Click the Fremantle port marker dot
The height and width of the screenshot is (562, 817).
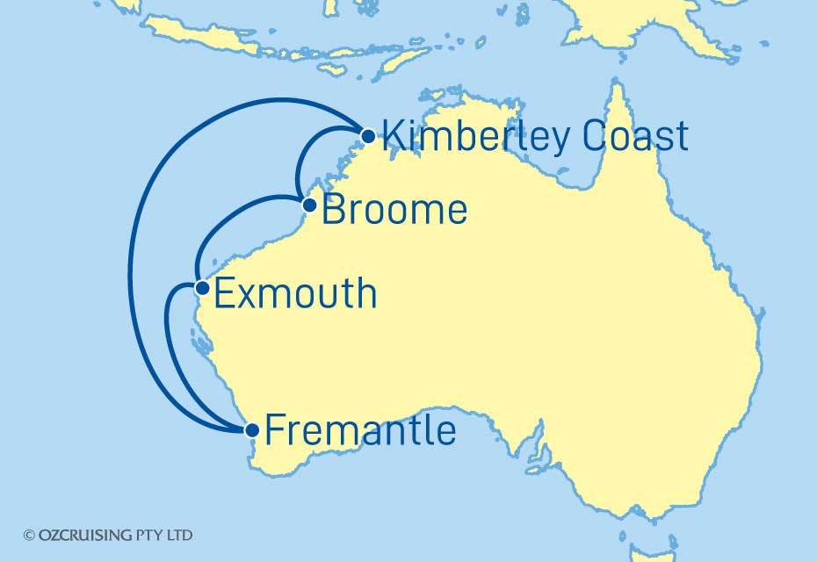point(252,430)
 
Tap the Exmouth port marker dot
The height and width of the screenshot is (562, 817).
point(201,287)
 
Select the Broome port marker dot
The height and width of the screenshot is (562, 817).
point(309,205)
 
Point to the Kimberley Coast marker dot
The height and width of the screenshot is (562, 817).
point(368,136)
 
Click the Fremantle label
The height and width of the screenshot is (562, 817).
point(360,430)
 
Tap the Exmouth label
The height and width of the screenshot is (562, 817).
point(295,293)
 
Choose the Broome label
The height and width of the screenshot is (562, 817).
point(394,211)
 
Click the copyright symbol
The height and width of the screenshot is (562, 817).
point(29,535)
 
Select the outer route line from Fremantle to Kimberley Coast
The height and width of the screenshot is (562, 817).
point(130,263)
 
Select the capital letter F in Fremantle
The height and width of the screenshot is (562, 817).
point(274,430)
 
